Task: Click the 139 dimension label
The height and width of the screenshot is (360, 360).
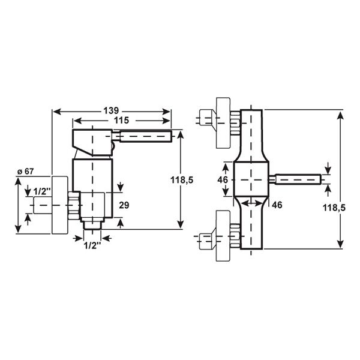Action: pos(111,110)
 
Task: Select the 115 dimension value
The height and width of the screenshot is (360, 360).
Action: pos(122,120)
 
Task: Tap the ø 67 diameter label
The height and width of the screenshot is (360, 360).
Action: pos(25,171)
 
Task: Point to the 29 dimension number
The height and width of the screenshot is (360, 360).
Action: pos(124,205)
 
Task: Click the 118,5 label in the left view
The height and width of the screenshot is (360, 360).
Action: pos(182,180)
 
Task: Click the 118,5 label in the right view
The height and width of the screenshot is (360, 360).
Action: pos(334,208)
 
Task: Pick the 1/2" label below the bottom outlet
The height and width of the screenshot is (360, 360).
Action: pos(92,246)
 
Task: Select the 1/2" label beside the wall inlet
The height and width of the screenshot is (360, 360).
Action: pos(42,191)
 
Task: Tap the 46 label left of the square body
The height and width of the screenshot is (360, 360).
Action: pos(223,180)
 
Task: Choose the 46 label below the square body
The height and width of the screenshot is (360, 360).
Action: pos(277,205)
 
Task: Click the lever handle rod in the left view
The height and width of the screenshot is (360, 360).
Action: pos(146,136)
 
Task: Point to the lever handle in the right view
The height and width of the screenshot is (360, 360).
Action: pos(298,179)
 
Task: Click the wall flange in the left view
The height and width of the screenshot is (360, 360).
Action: pos(60,205)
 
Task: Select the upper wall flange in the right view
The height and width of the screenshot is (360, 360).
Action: pos(223,123)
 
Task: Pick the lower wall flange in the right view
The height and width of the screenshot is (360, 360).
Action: pos(223,236)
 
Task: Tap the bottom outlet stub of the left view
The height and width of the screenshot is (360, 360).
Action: pos(92,225)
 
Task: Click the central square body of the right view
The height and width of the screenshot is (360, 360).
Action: pos(251,179)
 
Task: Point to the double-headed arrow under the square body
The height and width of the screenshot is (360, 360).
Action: pos(252,203)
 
